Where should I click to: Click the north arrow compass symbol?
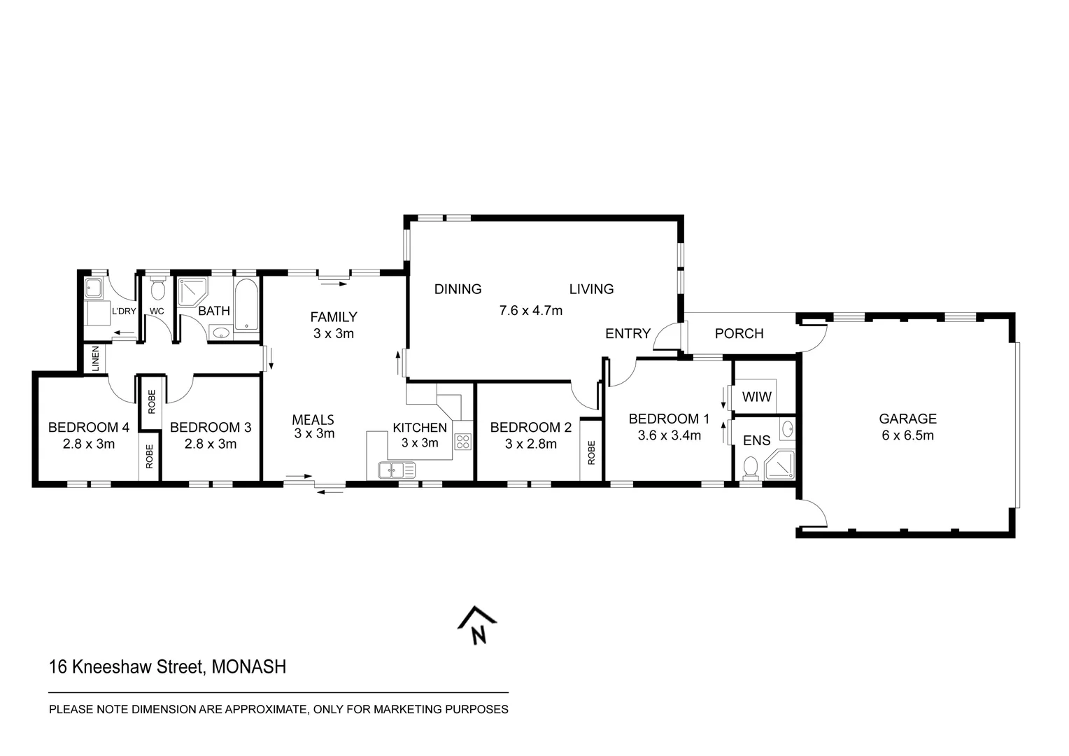(477, 625)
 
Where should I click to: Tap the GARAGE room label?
(907, 419)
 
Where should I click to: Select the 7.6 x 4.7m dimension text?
(530, 310)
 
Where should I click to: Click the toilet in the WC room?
(157, 289)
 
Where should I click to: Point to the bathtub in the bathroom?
(246, 305)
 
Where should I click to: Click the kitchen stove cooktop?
(462, 441)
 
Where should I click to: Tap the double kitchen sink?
(397, 470)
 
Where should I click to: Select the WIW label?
(756, 397)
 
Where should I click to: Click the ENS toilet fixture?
(751, 468)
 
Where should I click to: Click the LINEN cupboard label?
(95, 358)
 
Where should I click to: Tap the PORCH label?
(739, 333)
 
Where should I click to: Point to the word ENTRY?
(628, 333)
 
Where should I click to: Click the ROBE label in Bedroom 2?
(591, 452)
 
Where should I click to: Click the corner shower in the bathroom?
(190, 292)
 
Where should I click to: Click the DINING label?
(458, 289)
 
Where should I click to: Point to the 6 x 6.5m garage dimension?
(907, 435)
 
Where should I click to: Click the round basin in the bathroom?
(222, 333)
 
